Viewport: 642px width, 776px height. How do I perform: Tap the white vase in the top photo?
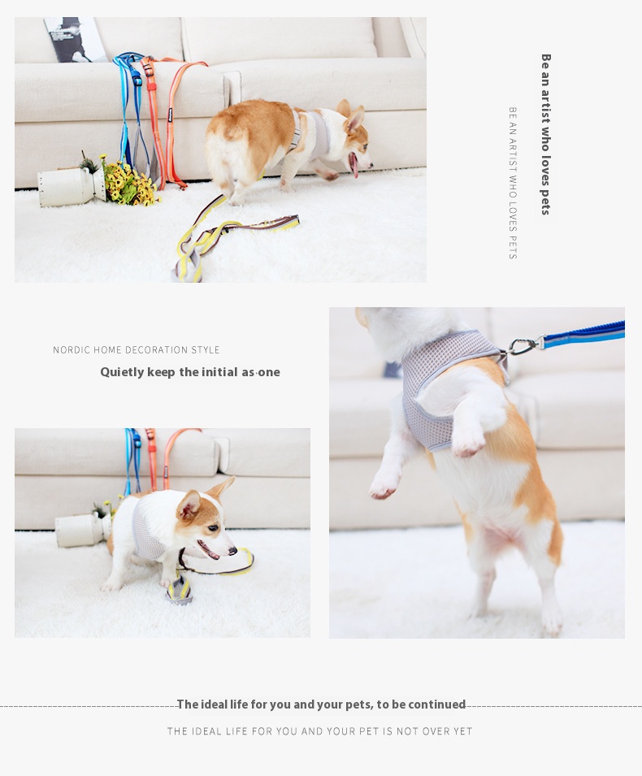click(x=72, y=186)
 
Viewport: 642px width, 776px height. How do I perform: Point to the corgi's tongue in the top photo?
click(x=354, y=165)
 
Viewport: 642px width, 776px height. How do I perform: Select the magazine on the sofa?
click(x=74, y=40)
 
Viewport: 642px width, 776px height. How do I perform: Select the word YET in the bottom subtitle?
click(x=463, y=731)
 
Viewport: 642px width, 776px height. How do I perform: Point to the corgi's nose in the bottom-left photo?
click(x=232, y=550)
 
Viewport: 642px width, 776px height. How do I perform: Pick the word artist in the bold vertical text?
click(x=546, y=106)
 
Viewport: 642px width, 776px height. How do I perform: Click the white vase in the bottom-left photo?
click(x=82, y=530)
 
